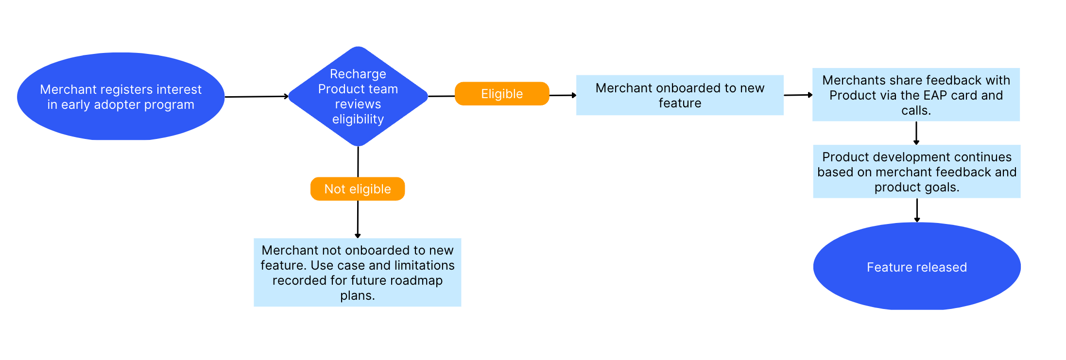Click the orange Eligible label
coord(502,94)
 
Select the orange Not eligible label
coord(358,189)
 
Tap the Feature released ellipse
coord(916,267)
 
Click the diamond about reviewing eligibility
coord(358,97)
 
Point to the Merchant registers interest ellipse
coord(120,97)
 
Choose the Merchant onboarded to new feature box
coord(679,95)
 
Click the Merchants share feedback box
coord(916,95)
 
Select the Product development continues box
coord(916,171)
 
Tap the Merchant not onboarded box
coord(357,272)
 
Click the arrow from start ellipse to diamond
coord(256,97)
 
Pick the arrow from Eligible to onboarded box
coord(563,95)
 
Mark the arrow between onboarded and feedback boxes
coord(798,95)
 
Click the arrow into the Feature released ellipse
coord(917,210)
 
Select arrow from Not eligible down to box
coord(358,219)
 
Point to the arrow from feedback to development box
coord(916,133)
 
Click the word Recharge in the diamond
coord(358,74)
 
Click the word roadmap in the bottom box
coord(416,280)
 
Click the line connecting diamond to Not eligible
coord(358,162)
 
